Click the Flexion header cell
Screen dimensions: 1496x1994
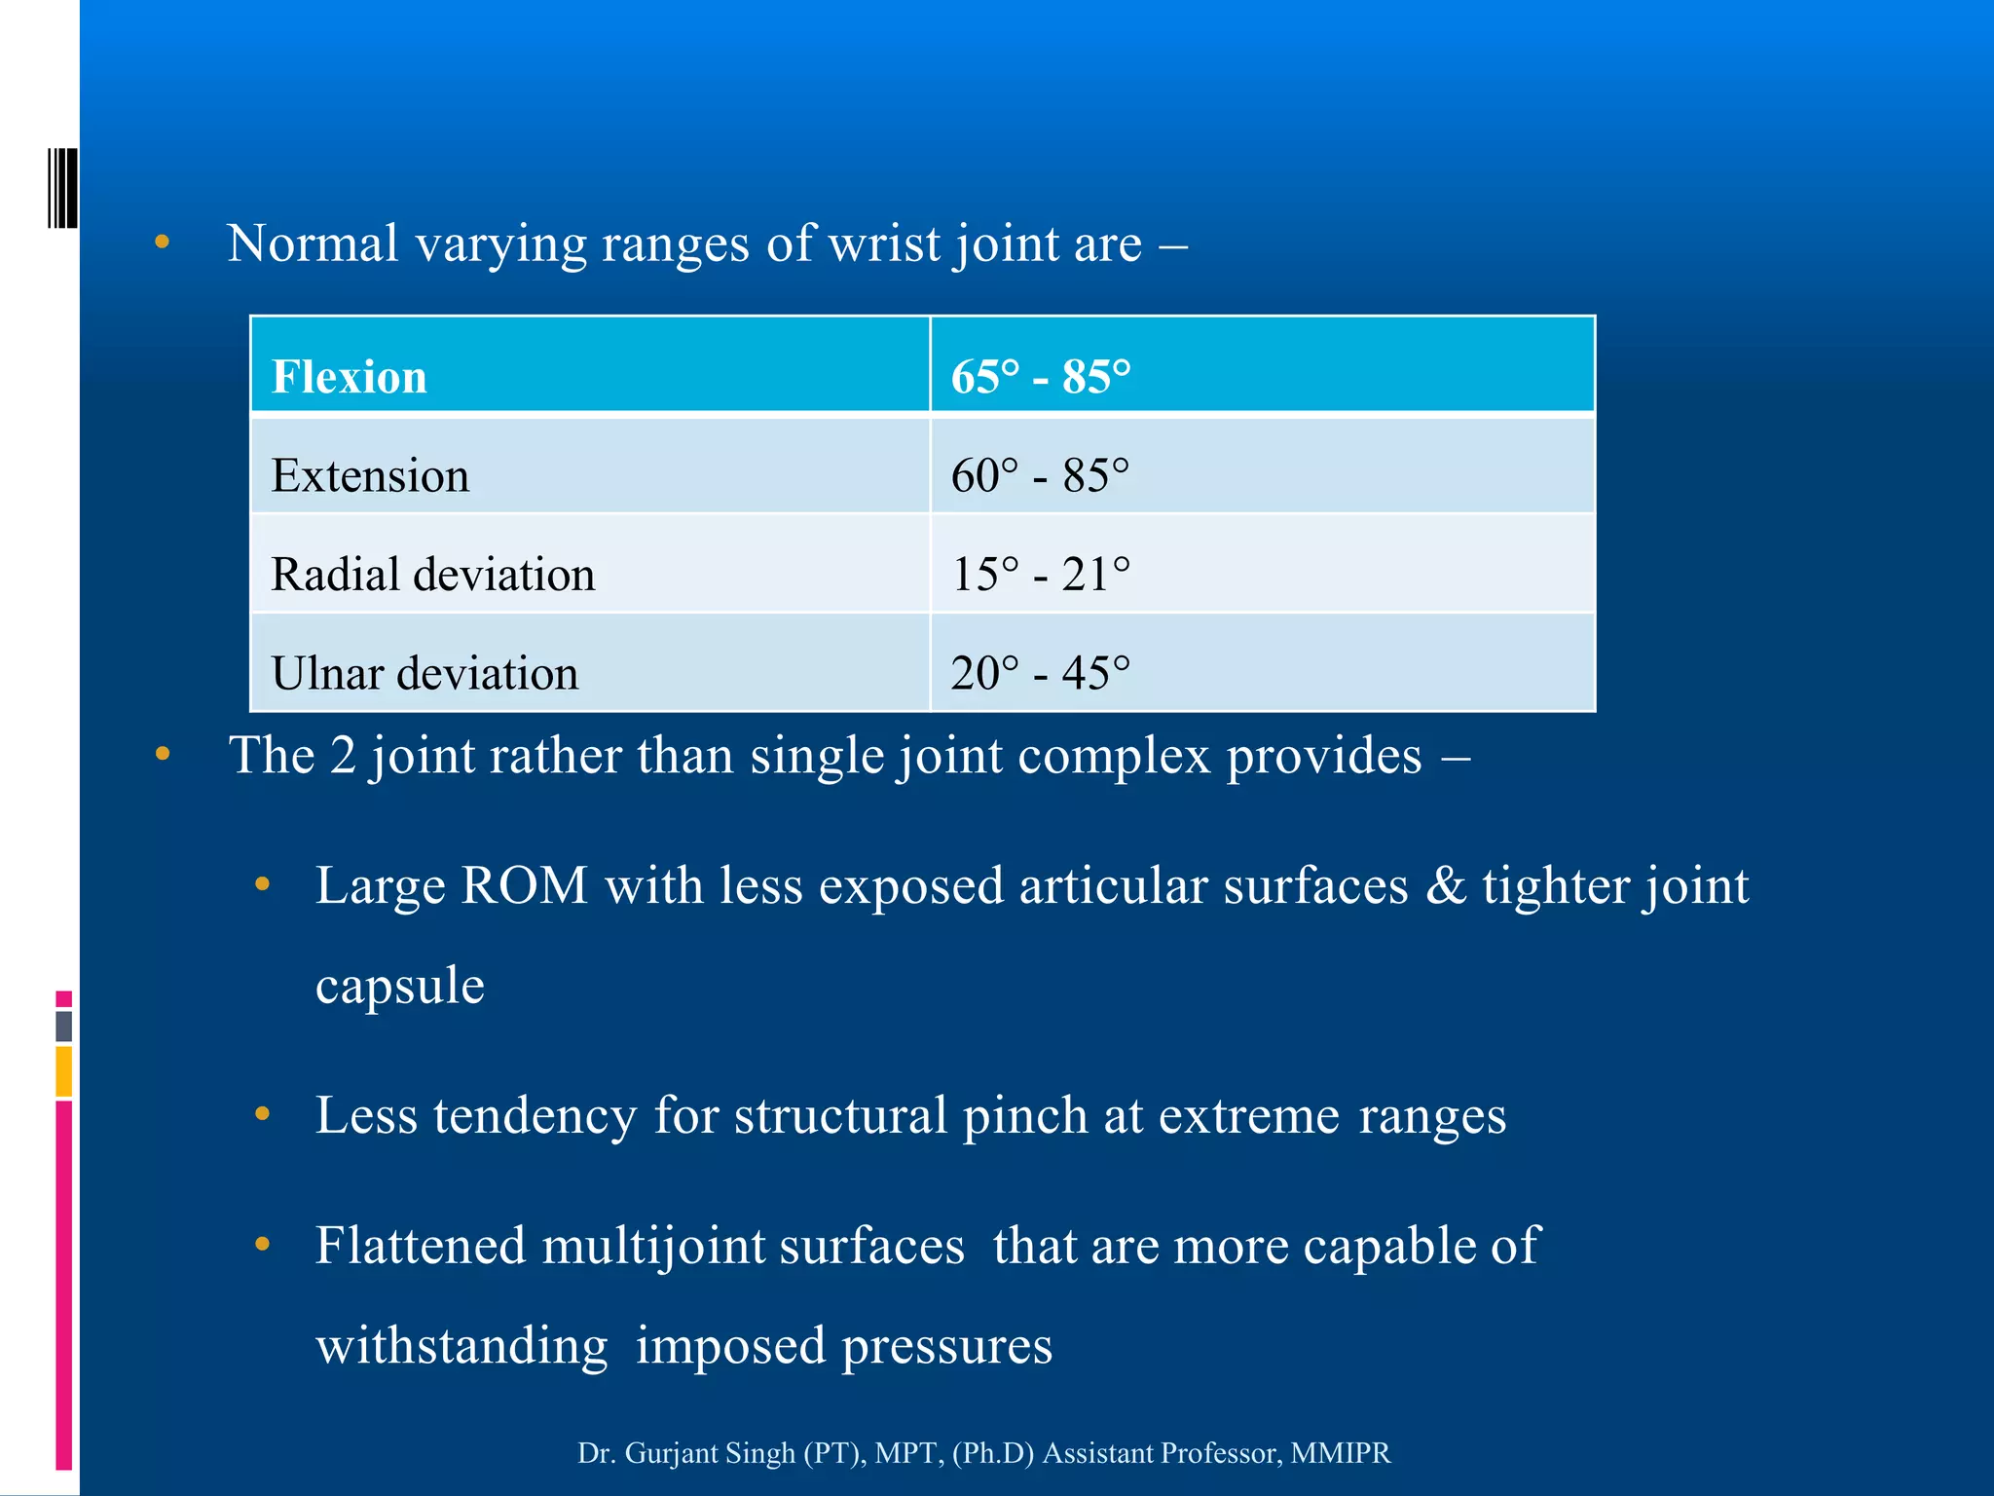point(349,377)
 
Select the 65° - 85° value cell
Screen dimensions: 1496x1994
point(1040,377)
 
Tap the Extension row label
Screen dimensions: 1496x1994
point(370,476)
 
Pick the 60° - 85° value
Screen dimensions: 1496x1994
point(1040,476)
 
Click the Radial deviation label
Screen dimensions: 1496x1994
point(432,575)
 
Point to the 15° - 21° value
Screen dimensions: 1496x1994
point(1040,575)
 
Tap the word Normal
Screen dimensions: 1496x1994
point(313,243)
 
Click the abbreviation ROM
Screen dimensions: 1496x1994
point(524,886)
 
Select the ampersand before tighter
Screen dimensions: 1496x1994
point(1446,886)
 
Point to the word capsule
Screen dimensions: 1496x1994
point(399,986)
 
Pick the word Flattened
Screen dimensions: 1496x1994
point(421,1247)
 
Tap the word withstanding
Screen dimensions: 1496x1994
point(462,1346)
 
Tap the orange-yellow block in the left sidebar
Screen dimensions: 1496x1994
point(64,1071)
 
